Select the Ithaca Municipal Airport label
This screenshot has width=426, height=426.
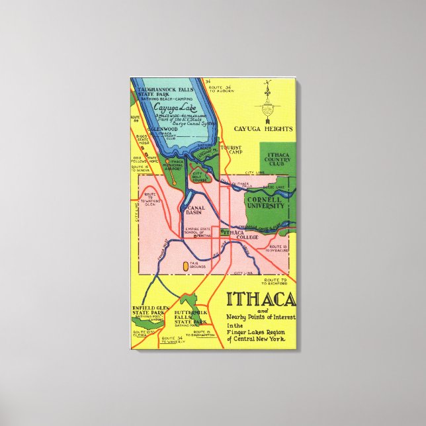[x=175, y=165]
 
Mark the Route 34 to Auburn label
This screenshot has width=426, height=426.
[x=220, y=89]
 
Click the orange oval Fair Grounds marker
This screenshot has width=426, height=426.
[x=185, y=265]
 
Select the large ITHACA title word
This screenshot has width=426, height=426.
[x=261, y=300]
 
